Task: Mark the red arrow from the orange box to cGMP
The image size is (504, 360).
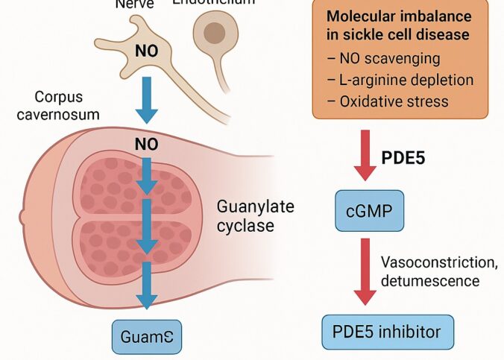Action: click(x=365, y=155)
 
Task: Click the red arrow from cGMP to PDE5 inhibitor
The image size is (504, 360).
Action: click(x=365, y=270)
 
